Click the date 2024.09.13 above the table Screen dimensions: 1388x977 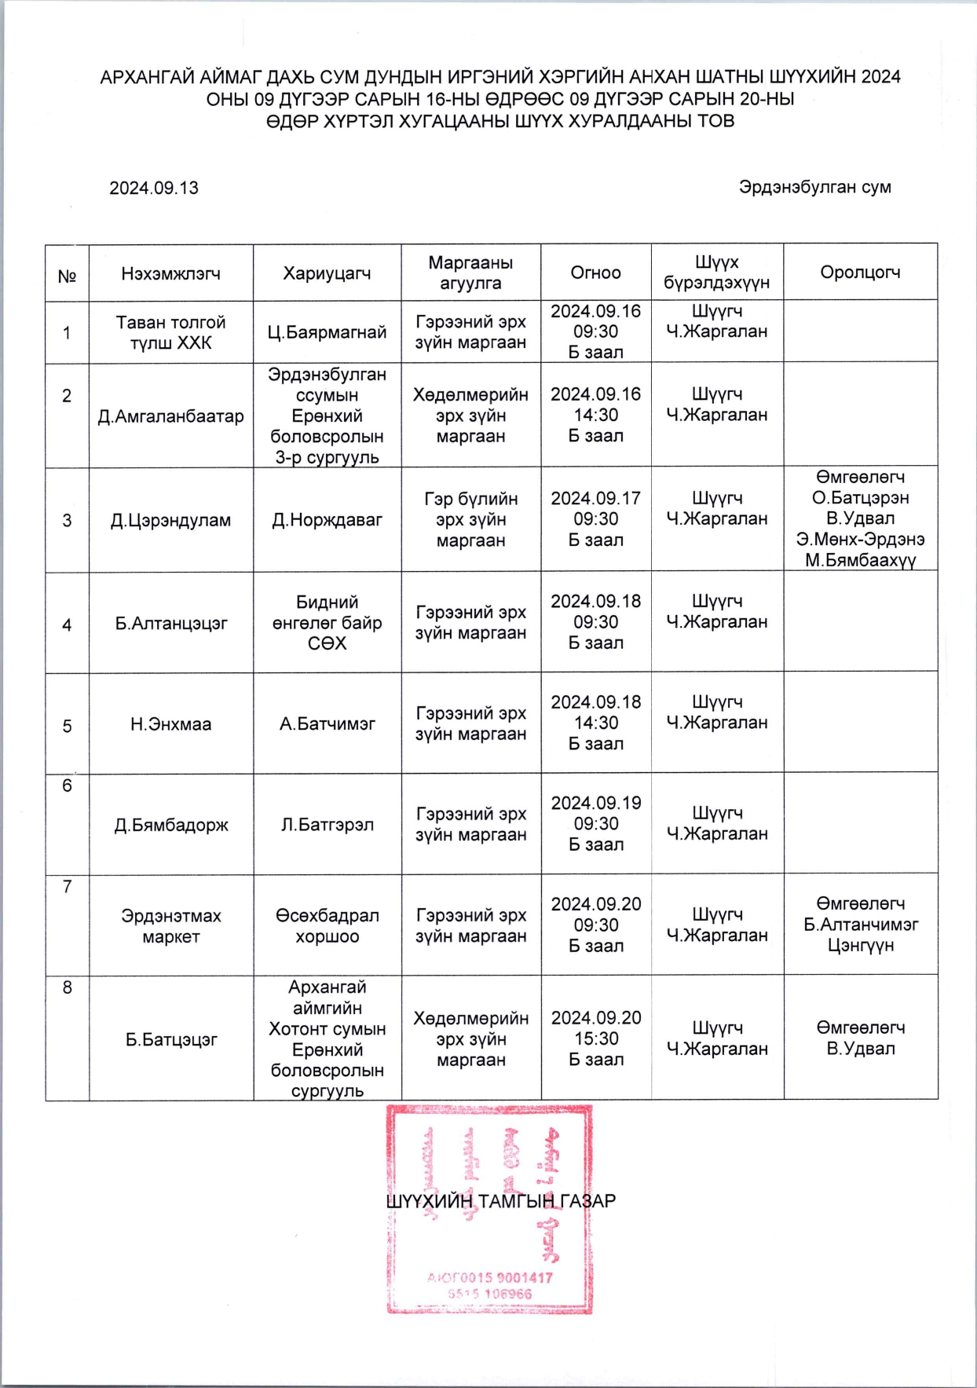(154, 189)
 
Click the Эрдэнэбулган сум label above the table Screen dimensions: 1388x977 (814, 188)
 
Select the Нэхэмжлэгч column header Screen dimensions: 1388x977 (170, 273)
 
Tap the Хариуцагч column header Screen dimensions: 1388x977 (327, 273)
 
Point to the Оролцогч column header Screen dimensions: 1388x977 (860, 273)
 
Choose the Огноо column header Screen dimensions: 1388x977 (595, 273)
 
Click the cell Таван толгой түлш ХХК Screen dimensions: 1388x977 (170, 332)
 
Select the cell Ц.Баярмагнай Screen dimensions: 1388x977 (327, 332)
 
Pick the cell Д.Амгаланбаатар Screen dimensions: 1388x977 (170, 416)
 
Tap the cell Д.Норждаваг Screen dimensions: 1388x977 (327, 520)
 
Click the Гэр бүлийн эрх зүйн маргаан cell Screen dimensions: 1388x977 (470, 520)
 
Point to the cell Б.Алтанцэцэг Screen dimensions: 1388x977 (170, 624)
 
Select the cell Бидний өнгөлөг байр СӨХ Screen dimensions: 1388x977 (327, 623)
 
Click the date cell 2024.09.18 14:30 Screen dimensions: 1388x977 (595, 723)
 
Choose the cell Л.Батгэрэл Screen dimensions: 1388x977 (327, 825)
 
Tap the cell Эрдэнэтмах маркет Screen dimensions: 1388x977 (170, 926)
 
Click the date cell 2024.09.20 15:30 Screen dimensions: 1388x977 (595, 1038)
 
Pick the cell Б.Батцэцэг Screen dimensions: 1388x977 (170, 1040)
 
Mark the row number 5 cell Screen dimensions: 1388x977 (67, 727)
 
